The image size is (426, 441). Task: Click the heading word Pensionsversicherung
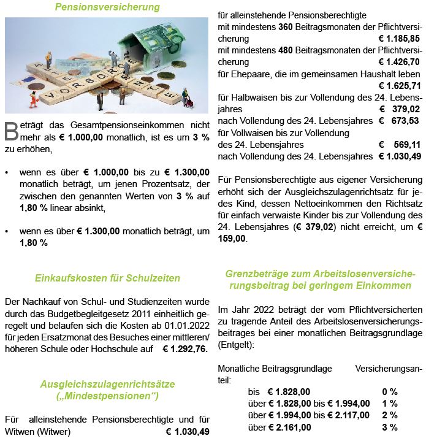pyautogui.click(x=107, y=7)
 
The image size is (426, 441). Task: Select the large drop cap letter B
pyautogui.click(x=10, y=130)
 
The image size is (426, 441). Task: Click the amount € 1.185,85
pyautogui.click(x=399, y=39)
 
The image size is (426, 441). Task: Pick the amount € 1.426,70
pyautogui.click(x=399, y=62)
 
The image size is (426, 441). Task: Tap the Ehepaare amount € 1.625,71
pyautogui.click(x=399, y=85)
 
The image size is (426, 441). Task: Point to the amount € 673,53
pyautogui.click(x=399, y=121)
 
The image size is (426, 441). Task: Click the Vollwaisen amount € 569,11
pyautogui.click(x=399, y=145)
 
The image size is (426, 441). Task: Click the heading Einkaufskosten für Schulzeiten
pyautogui.click(x=107, y=278)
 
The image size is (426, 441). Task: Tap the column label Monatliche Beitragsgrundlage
pyautogui.click(x=275, y=369)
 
